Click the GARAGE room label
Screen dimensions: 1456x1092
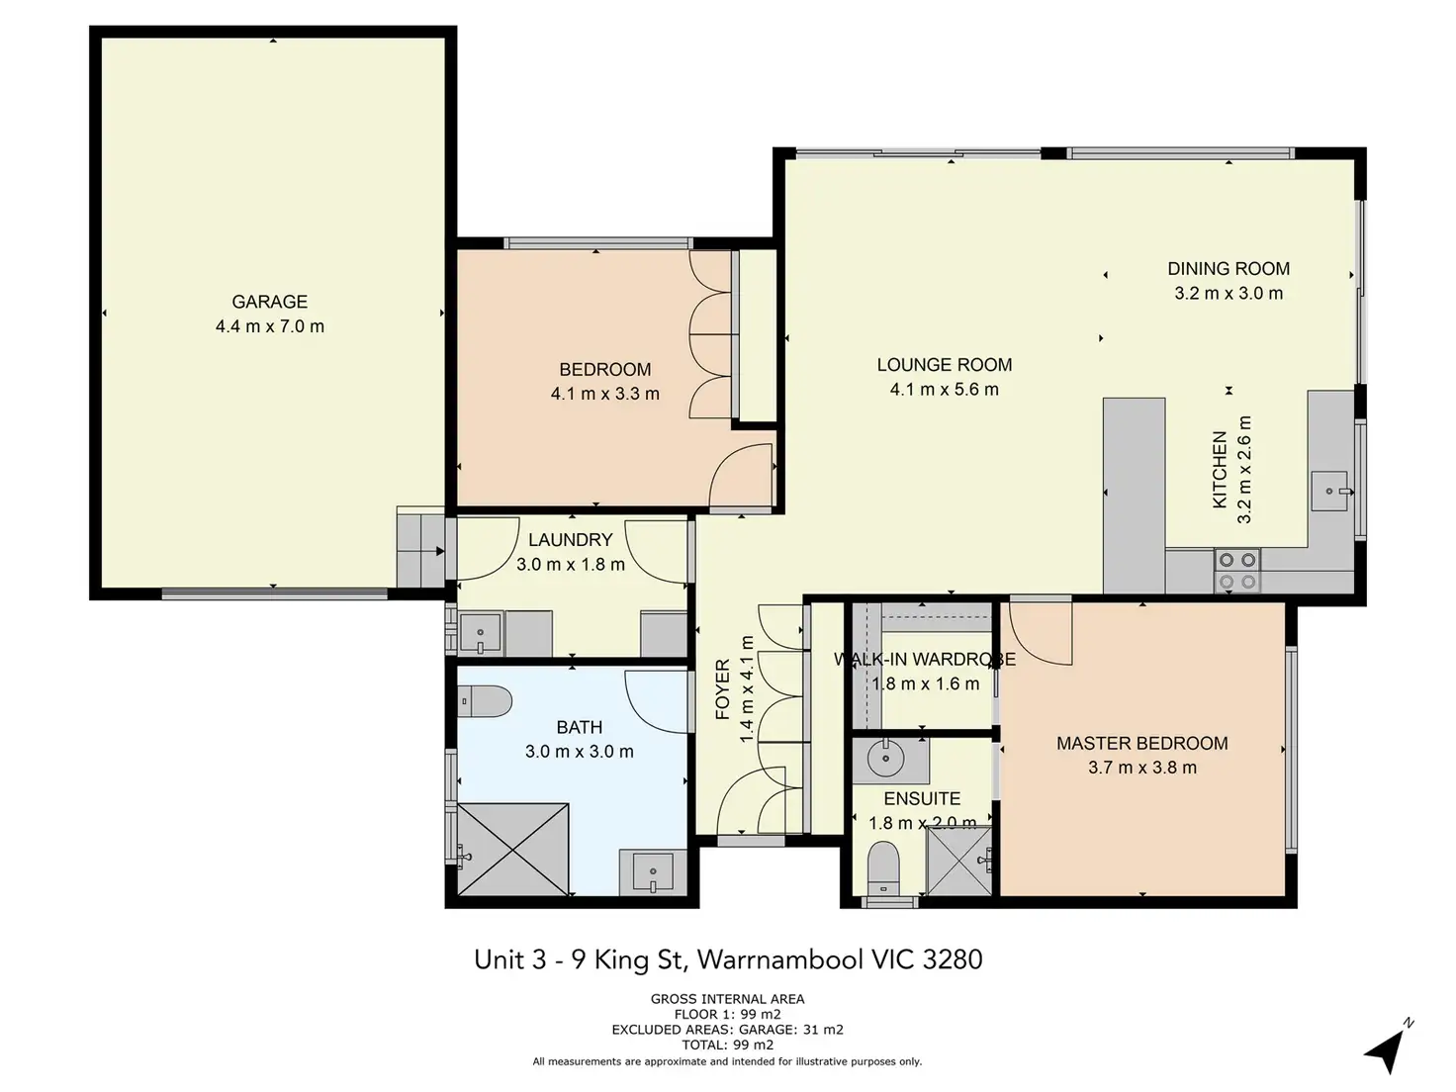269,302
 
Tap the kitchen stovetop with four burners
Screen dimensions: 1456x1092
1237,570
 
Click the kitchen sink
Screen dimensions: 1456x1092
1329,491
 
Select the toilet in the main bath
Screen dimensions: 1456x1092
485,701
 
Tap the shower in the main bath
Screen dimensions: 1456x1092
512,850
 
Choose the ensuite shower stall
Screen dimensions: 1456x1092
959,862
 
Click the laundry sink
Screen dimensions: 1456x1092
480,633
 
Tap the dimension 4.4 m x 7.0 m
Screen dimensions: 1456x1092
269,326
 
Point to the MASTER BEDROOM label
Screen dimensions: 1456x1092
1141,743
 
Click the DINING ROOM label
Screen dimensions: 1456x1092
1228,268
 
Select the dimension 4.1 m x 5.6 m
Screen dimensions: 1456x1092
944,389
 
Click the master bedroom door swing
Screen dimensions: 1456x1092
1041,632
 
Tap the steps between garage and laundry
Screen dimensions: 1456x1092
420,547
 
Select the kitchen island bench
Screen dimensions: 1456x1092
1134,496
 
